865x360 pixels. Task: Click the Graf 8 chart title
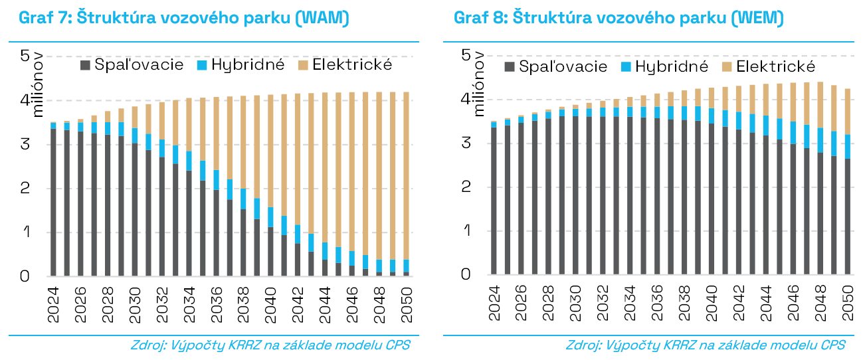tap(619, 18)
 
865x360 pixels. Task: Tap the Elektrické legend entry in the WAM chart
tap(345, 65)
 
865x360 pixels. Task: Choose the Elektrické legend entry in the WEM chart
tap(769, 66)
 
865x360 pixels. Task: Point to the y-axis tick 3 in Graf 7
tap(26, 144)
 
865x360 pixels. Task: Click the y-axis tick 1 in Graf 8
tap(468, 230)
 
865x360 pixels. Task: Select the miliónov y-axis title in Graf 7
tap(38, 84)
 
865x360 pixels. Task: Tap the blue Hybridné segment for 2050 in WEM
tap(847, 147)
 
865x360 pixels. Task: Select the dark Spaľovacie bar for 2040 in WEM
tap(712, 199)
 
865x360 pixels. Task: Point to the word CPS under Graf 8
tap(833, 345)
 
